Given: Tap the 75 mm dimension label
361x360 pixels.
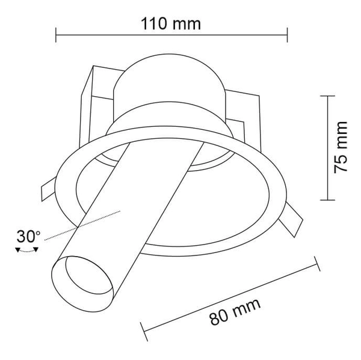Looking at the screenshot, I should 342,147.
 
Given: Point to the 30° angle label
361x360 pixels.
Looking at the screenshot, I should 28,236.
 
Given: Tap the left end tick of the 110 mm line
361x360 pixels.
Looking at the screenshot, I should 56,35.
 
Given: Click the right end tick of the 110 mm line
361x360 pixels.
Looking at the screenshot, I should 287,35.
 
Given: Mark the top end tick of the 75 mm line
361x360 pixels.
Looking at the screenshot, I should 327,96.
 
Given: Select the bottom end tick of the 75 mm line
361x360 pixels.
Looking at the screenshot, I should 327,199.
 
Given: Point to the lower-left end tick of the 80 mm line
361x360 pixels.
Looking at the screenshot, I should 144,332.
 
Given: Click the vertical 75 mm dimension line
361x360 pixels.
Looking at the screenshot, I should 327,147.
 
